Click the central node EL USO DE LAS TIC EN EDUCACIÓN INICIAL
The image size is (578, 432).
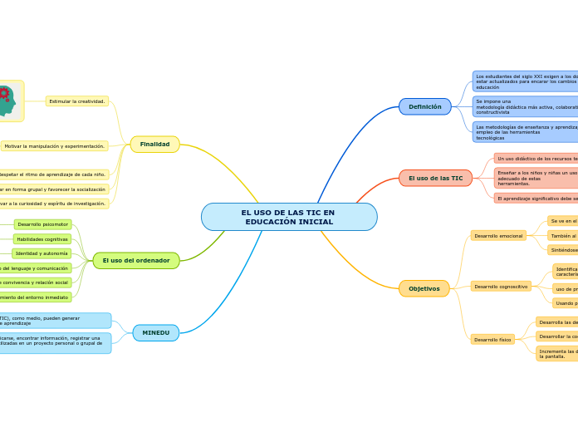(x=289, y=217)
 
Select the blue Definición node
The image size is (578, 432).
(x=424, y=106)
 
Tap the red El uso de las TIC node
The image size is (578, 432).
(x=435, y=178)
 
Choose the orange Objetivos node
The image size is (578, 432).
(x=424, y=288)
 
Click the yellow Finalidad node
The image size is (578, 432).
(x=154, y=145)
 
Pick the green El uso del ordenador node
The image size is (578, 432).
(x=136, y=260)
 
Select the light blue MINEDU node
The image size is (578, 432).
(x=155, y=332)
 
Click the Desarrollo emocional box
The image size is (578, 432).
(x=498, y=236)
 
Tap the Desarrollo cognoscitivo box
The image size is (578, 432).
(x=501, y=286)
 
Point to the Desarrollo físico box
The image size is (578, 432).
(x=492, y=339)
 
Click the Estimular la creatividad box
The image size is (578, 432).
(x=77, y=101)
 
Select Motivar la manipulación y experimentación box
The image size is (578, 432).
(x=55, y=146)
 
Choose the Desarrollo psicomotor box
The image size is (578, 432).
(x=42, y=224)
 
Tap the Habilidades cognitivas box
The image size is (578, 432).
(x=42, y=239)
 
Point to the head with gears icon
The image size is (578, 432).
(x=7, y=101)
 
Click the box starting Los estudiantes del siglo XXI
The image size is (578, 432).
(x=526, y=81)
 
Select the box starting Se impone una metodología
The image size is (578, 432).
(x=526, y=106)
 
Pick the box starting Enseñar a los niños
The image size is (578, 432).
(x=536, y=178)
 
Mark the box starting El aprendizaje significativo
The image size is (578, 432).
(x=536, y=199)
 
